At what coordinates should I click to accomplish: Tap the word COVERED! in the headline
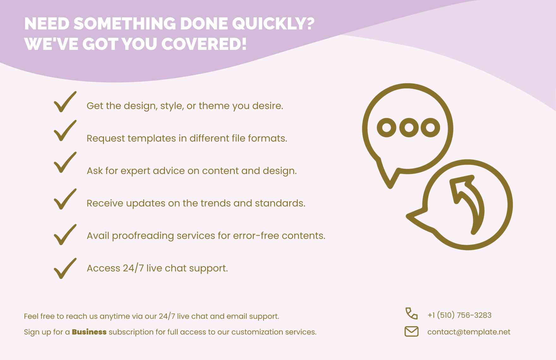(204, 44)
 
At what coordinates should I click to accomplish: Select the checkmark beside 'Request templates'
(65, 131)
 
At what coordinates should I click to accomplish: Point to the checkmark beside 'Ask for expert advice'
(65, 163)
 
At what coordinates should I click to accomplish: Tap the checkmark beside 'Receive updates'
(65, 199)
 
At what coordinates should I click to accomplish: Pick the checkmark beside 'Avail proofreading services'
(65, 235)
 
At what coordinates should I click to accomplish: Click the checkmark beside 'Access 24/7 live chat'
(65, 269)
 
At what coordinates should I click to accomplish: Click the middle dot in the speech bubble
(409, 128)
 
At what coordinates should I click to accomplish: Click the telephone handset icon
(411, 314)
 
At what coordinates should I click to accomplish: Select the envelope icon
(411, 332)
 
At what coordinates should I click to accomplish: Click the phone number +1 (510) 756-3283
(459, 315)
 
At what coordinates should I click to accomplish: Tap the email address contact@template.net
(469, 332)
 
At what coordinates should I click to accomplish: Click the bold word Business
(89, 332)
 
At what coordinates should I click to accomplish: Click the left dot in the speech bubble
(386, 128)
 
